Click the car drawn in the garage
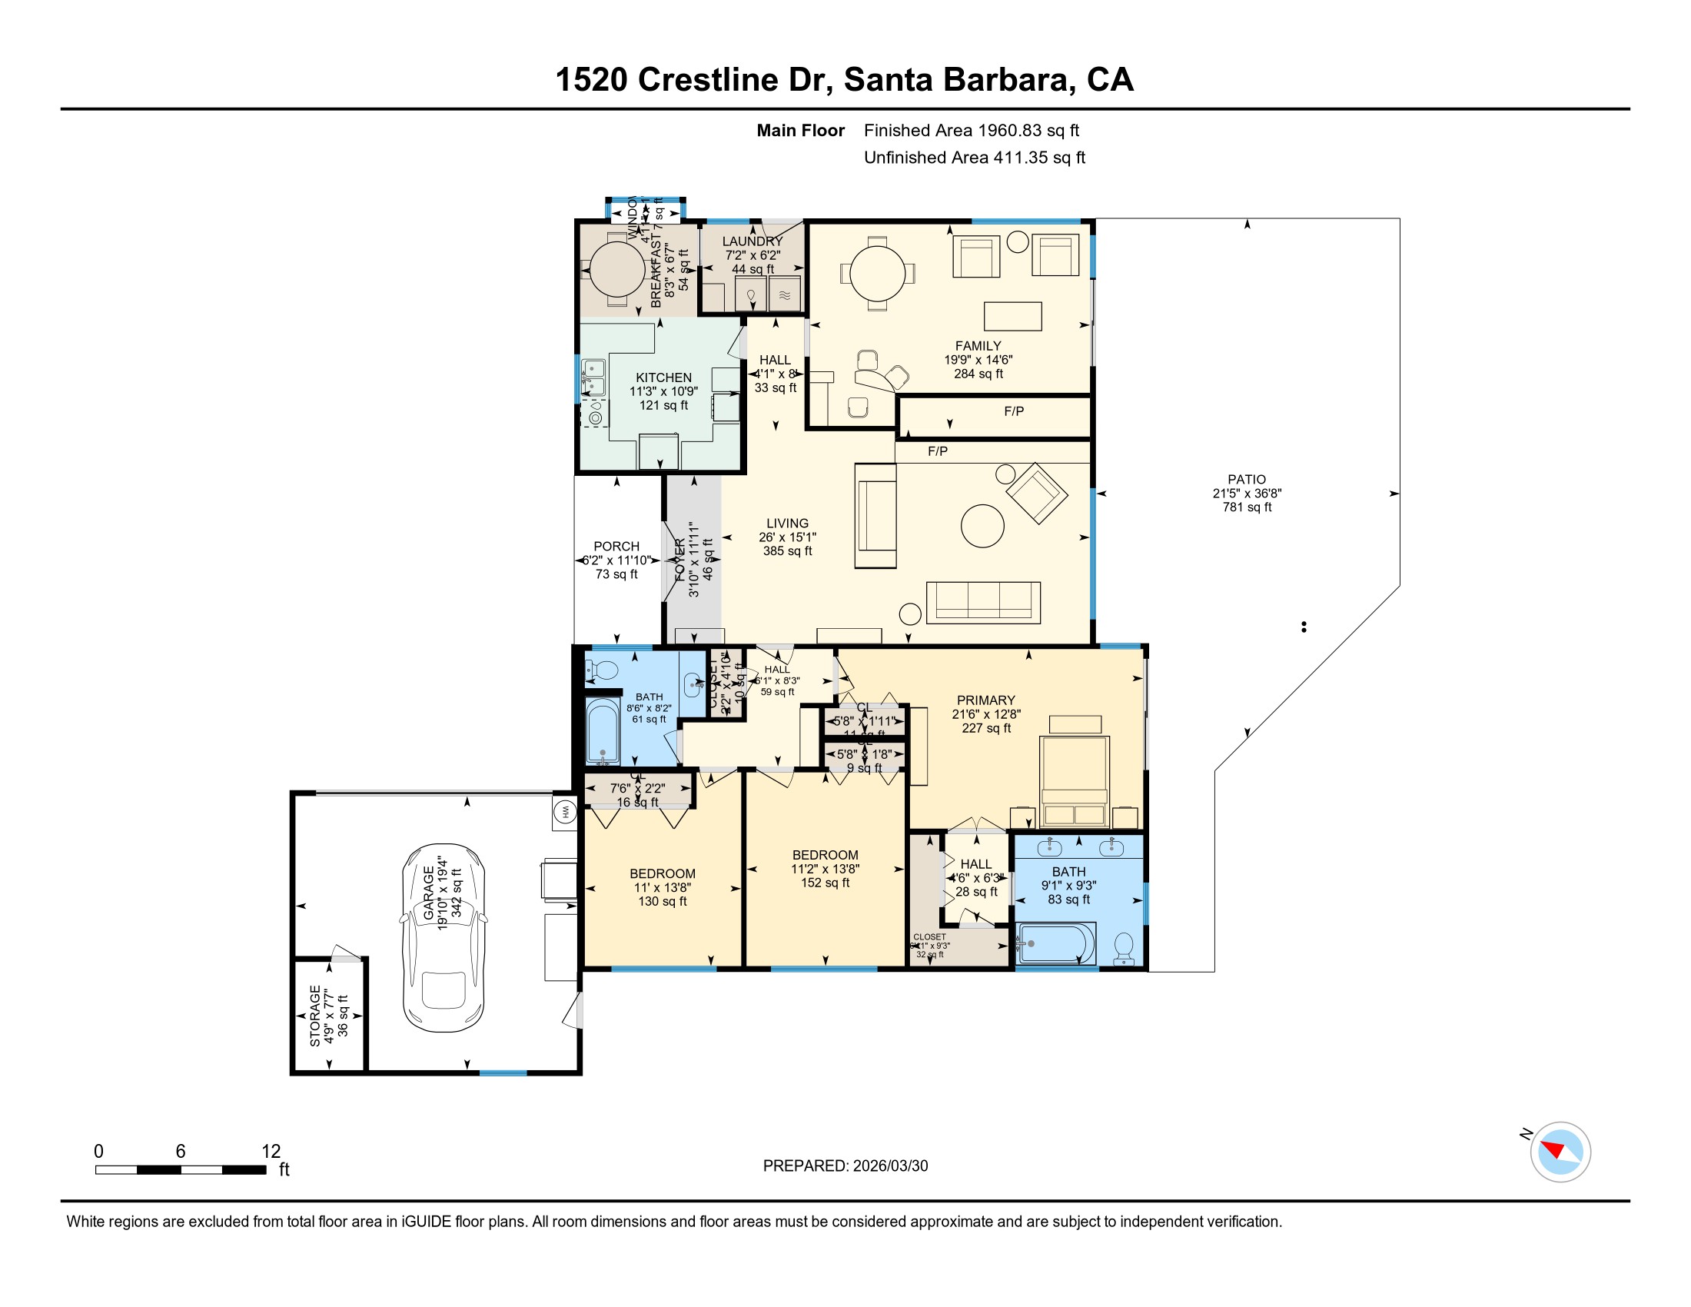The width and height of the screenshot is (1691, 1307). pyautogui.click(x=444, y=938)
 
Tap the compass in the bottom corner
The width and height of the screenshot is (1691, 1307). pyautogui.click(x=1560, y=1152)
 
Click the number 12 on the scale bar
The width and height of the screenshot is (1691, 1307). pyautogui.click(x=271, y=1151)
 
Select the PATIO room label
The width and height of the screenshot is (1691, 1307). pyautogui.click(x=1247, y=480)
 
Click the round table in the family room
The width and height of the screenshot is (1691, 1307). pyautogui.click(x=877, y=274)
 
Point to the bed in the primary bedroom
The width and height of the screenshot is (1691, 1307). pyautogui.click(x=1075, y=780)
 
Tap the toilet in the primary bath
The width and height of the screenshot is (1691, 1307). pyautogui.click(x=1124, y=948)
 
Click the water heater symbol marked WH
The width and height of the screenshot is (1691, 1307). pyautogui.click(x=564, y=812)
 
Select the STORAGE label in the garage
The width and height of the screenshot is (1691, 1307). pyautogui.click(x=315, y=1016)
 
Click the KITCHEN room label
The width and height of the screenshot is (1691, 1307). pyautogui.click(x=663, y=377)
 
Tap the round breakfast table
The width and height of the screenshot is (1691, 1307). pyautogui.click(x=617, y=269)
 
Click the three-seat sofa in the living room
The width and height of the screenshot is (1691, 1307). pyautogui.click(x=983, y=602)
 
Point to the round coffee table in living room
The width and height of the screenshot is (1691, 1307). pyautogui.click(x=982, y=526)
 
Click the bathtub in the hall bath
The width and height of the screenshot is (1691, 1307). pyautogui.click(x=603, y=733)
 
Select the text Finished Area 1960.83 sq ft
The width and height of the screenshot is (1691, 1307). pyautogui.click(x=971, y=131)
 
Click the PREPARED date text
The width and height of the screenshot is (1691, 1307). pyautogui.click(x=845, y=1166)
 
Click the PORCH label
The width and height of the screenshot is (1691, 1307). pyautogui.click(x=616, y=547)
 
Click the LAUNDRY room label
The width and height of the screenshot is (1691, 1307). pyautogui.click(x=752, y=241)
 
